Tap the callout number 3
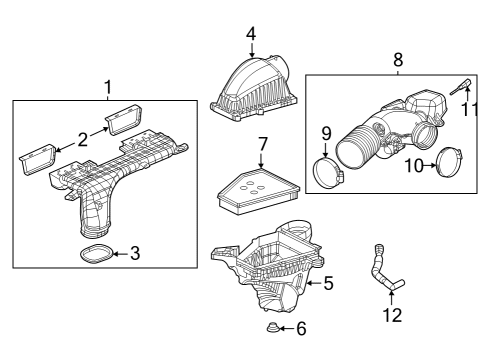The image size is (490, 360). [x=135, y=253]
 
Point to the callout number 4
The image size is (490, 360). [x=251, y=34]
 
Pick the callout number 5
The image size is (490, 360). [x=328, y=284]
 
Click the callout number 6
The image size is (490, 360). [x=300, y=329]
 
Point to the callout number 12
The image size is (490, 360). [x=392, y=315]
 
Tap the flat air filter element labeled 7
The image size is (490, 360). [x=251, y=189]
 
